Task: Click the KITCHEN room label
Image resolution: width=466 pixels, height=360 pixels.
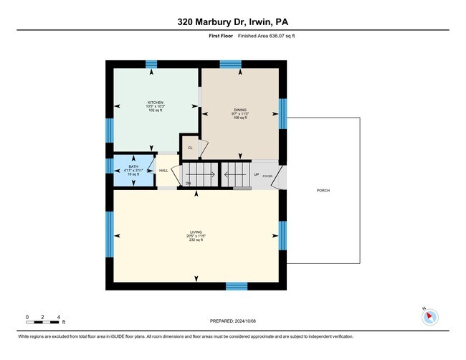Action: [x=156, y=102]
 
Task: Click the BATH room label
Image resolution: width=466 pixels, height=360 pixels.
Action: [x=133, y=166]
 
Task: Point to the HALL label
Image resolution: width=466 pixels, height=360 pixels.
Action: [x=163, y=171]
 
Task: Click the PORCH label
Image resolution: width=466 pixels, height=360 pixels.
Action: [x=323, y=190]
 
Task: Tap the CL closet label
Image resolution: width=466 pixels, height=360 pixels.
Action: [x=190, y=148]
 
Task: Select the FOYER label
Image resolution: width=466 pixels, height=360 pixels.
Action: [x=267, y=175]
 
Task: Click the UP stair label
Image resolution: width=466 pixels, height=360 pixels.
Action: [x=256, y=174]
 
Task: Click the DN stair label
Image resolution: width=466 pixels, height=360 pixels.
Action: [x=189, y=184]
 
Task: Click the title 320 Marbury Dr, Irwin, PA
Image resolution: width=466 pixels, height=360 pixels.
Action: [x=233, y=22]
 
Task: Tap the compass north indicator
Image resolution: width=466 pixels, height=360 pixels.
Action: [x=429, y=316]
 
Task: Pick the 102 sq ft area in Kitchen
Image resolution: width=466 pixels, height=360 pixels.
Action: [x=156, y=110]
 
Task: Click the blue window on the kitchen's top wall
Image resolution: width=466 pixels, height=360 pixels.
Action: [x=151, y=65]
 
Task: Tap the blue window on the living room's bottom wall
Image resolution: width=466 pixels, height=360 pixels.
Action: [x=237, y=286]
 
